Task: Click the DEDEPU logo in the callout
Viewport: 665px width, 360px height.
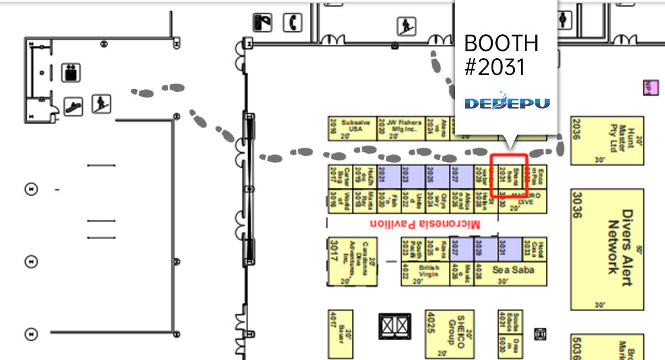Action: (x=507, y=102)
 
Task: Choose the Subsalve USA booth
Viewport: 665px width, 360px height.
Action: (x=351, y=128)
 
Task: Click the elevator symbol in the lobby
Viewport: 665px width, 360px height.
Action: (x=70, y=72)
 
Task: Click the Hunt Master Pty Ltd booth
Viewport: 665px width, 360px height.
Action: (x=607, y=140)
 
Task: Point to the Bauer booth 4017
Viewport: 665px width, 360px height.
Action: (x=340, y=334)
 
